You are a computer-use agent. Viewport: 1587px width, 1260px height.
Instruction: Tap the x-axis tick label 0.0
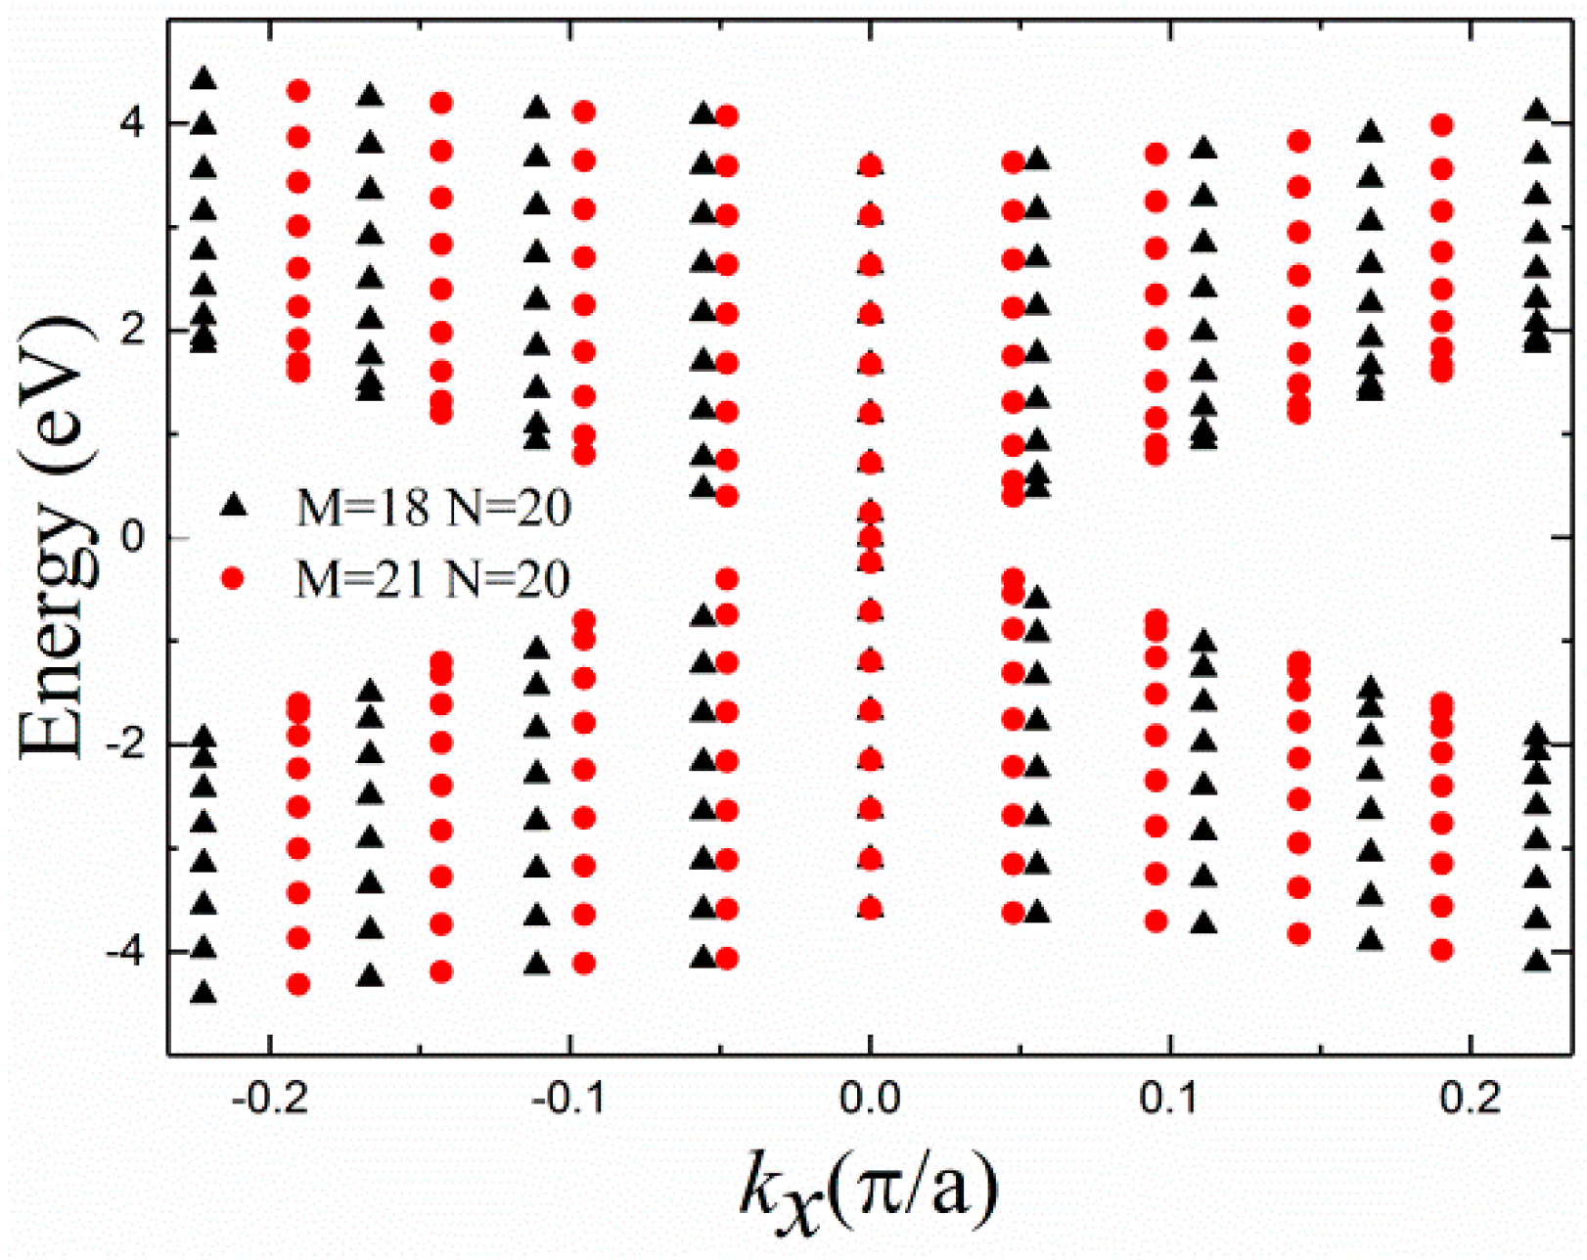tap(870, 1100)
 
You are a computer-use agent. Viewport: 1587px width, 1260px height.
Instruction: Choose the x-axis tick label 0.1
tap(1170, 1100)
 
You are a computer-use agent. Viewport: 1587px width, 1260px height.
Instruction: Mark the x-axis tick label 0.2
tap(1471, 1100)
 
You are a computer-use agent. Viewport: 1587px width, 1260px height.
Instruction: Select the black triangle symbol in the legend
tap(233, 505)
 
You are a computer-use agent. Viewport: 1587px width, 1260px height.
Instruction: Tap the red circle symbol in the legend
tap(233, 578)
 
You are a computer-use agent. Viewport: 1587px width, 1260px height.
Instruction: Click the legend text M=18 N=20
tap(433, 508)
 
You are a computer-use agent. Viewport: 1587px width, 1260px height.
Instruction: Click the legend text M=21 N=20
tap(433, 580)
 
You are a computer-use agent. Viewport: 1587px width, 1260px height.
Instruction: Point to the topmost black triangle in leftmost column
tap(204, 78)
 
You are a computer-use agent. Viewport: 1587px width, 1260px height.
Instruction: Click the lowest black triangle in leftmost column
tap(204, 993)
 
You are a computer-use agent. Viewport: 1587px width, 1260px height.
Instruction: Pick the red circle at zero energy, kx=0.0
tap(869, 536)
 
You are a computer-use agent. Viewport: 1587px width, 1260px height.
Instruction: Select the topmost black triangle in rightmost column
tap(1537, 110)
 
